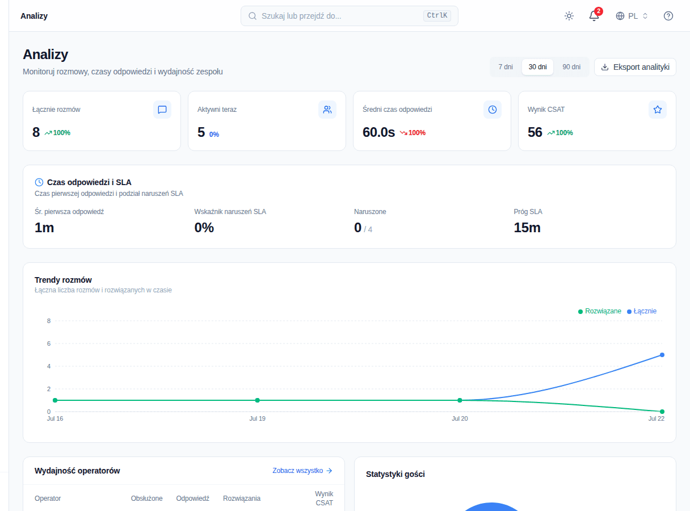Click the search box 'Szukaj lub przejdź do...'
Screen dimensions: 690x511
click(x=349, y=16)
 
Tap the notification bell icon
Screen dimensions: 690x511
click(x=594, y=16)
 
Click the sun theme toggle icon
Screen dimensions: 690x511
click(x=569, y=16)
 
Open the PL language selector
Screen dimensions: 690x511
click(x=632, y=16)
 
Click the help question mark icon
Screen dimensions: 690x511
click(x=668, y=16)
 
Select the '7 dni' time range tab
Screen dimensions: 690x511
click(x=506, y=67)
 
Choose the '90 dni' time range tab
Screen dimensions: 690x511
click(x=571, y=67)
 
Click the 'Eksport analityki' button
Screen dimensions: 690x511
click(x=635, y=67)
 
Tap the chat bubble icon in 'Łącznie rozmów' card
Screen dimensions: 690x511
click(x=162, y=110)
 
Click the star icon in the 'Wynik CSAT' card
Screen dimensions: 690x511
click(x=657, y=110)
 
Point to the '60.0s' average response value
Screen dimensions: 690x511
click(x=378, y=132)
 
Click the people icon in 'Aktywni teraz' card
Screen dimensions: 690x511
click(x=327, y=110)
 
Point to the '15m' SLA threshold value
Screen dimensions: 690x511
click(x=527, y=228)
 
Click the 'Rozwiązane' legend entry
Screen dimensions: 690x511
click(x=599, y=311)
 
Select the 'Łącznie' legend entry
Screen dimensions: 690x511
click(x=641, y=311)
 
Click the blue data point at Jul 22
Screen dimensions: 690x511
click(x=662, y=355)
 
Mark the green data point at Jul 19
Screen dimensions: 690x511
click(x=257, y=400)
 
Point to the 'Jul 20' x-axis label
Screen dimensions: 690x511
click(x=460, y=418)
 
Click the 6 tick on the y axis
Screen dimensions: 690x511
click(x=49, y=344)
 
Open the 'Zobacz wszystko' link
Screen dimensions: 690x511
click(x=302, y=471)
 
